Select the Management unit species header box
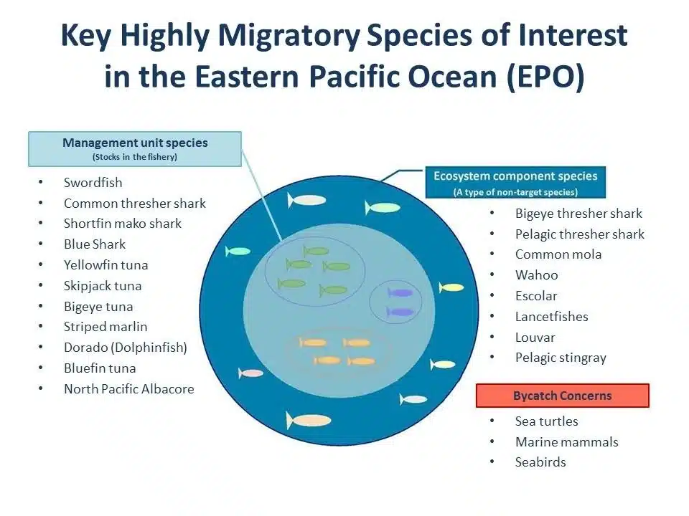point(135,148)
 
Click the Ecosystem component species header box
point(515,183)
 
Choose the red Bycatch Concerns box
point(563,396)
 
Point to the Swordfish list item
point(93,183)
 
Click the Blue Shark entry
point(95,244)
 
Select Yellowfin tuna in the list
point(106,265)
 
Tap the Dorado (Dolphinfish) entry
point(125,348)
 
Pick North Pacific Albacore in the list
point(128,389)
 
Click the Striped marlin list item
point(106,327)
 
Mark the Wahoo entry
point(536,275)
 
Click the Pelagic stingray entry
point(561,358)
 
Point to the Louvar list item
point(535,337)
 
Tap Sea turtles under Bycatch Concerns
point(546,421)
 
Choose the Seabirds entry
point(540,462)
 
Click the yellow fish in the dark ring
point(452,287)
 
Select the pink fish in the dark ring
point(251,373)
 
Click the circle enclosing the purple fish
point(395,302)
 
